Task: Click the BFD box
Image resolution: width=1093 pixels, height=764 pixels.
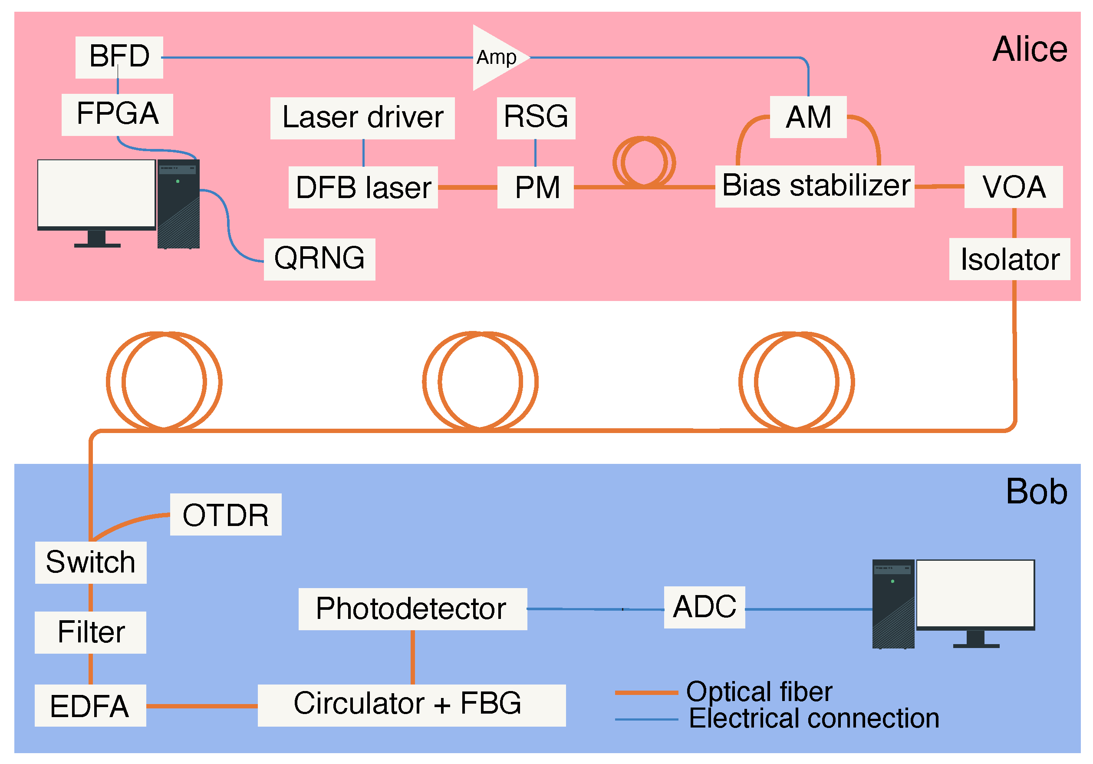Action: click(x=119, y=57)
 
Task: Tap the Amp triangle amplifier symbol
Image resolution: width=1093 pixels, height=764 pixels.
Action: click(x=495, y=58)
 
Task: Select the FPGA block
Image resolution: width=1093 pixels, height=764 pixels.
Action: click(x=117, y=114)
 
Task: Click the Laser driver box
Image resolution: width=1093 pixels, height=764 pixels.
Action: click(x=362, y=118)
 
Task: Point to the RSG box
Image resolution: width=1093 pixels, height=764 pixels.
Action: click(x=536, y=118)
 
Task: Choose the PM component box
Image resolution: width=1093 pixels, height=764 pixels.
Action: click(x=536, y=187)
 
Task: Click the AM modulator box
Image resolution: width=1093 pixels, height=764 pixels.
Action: click(x=808, y=117)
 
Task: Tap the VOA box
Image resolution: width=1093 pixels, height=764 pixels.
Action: click(x=1014, y=187)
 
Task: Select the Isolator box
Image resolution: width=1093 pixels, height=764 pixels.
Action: click(x=1010, y=259)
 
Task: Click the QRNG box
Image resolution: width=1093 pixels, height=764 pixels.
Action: click(x=319, y=259)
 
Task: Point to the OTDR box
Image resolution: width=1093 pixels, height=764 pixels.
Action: click(x=226, y=515)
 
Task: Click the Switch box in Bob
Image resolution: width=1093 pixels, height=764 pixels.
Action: click(x=90, y=562)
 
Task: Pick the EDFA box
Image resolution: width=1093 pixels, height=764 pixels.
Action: click(x=90, y=706)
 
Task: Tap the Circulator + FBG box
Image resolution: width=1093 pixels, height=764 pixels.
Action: click(x=412, y=705)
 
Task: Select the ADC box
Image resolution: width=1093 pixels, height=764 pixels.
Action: click(x=704, y=607)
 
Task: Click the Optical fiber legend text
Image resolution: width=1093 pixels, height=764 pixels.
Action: click(x=759, y=691)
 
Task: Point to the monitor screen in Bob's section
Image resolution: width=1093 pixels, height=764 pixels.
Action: click(x=975, y=593)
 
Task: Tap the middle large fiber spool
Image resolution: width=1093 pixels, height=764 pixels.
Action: click(x=480, y=381)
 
